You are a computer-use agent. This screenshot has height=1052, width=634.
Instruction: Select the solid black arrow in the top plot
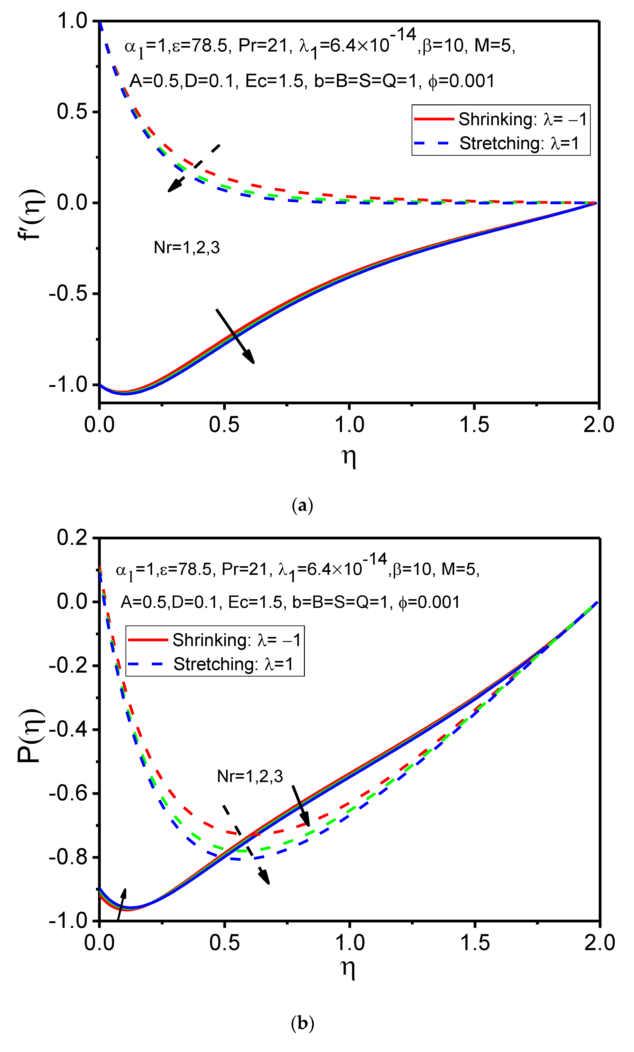235,336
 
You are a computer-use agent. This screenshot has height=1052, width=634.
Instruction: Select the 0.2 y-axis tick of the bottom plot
72,538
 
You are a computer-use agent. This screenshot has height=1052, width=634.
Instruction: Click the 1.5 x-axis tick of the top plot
474,425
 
